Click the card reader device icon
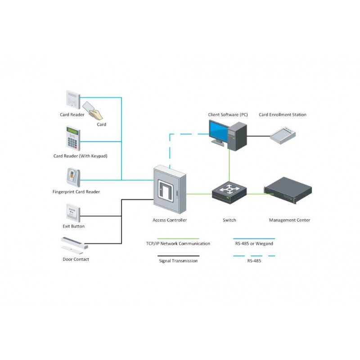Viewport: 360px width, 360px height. tap(72, 99)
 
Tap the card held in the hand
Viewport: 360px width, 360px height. tap(88, 107)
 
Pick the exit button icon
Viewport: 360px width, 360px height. tap(73, 211)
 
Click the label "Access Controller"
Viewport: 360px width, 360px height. tap(170, 220)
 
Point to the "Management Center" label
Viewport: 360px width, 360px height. tap(289, 220)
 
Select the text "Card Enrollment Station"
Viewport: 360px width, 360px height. tap(283, 115)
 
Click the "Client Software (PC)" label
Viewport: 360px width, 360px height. tap(228, 115)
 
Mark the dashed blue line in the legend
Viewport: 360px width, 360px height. tap(254, 255)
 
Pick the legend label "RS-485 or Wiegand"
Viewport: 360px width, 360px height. tap(254, 244)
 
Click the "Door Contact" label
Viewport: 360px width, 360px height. tap(76, 260)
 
